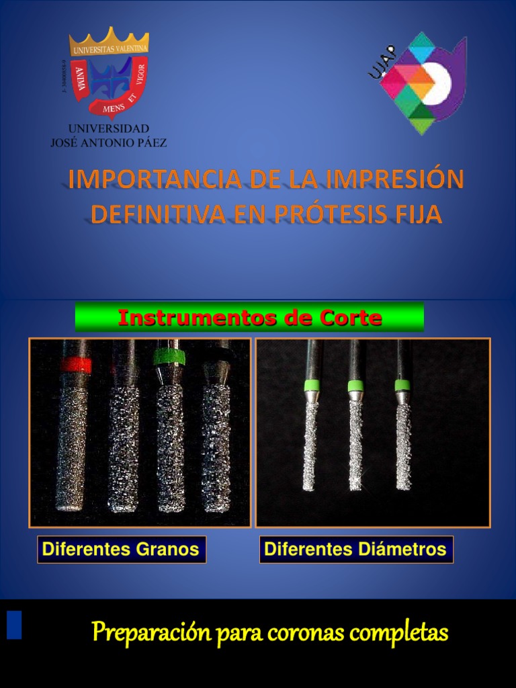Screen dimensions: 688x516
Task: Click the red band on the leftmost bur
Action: (x=75, y=365)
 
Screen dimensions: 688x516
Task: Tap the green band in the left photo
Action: (x=168, y=356)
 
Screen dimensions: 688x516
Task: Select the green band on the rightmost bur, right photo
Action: (x=402, y=385)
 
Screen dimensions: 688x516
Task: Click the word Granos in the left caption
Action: (x=167, y=550)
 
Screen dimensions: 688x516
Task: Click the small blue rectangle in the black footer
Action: (x=14, y=624)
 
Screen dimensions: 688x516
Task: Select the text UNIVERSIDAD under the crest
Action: (x=109, y=128)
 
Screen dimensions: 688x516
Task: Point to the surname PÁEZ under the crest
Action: (x=153, y=142)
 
